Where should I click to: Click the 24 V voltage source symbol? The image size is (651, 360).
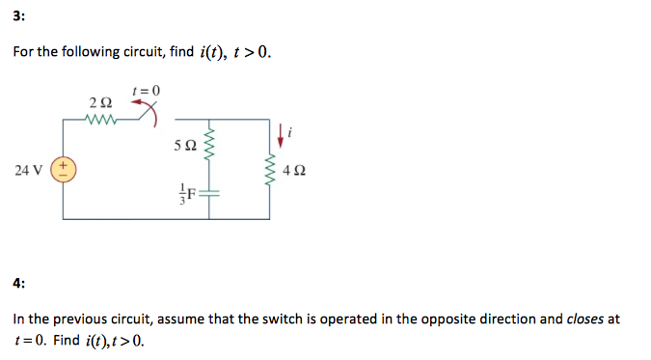[65, 170]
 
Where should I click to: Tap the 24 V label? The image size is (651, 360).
[28, 171]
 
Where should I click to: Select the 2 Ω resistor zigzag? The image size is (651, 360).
[99, 120]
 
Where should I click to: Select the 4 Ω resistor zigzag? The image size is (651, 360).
[271, 170]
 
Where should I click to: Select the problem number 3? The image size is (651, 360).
[19, 14]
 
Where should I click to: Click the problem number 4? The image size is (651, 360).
[19, 283]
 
